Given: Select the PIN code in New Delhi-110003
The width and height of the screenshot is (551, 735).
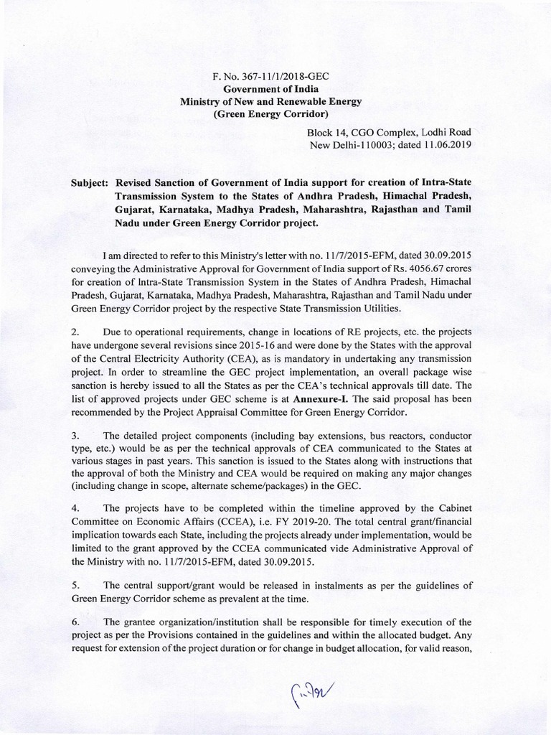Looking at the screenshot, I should (x=374, y=145).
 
